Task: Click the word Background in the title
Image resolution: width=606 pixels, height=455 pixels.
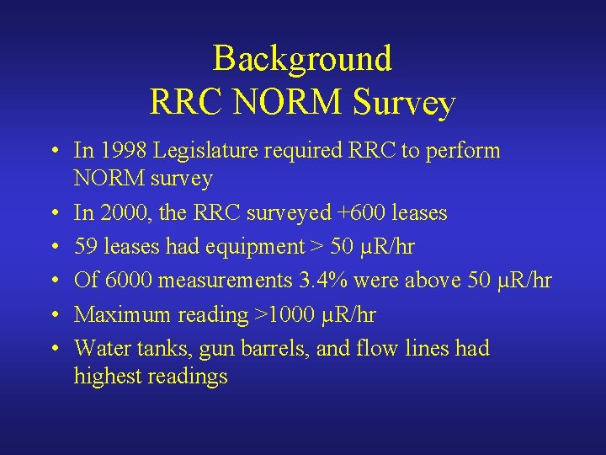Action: coord(302,59)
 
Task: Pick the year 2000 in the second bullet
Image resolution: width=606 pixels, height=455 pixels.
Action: coord(120,213)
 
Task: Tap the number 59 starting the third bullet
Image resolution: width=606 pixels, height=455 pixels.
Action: coord(85,247)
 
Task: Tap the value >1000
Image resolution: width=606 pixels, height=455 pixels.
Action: coord(285,315)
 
